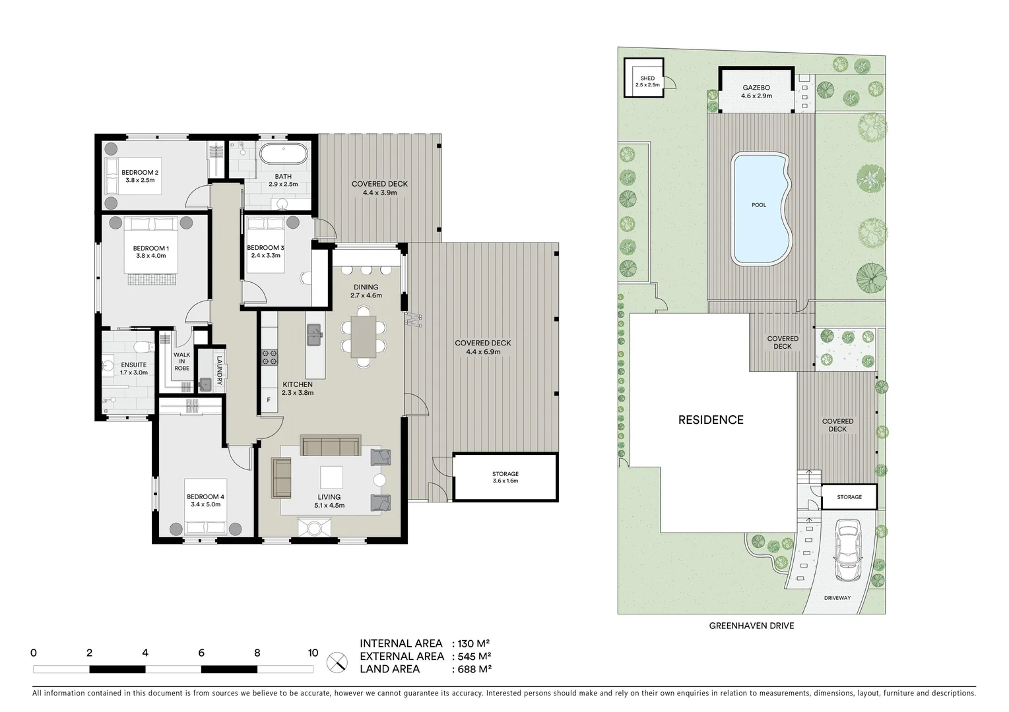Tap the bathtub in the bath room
(x=283, y=155)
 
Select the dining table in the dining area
(x=363, y=340)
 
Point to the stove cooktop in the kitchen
(x=270, y=357)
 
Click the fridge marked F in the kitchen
(x=269, y=400)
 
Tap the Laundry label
(x=219, y=371)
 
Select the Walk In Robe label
(x=181, y=361)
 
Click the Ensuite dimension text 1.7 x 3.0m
(x=134, y=372)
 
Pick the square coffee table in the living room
(x=331, y=477)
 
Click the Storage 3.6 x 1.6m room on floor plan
(x=505, y=477)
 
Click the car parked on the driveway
(x=847, y=550)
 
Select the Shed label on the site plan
(x=647, y=78)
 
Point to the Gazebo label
(x=756, y=88)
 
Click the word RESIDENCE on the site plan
(x=711, y=420)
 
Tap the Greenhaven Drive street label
(x=751, y=626)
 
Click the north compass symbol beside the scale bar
(x=337, y=661)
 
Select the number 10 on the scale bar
(x=313, y=653)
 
